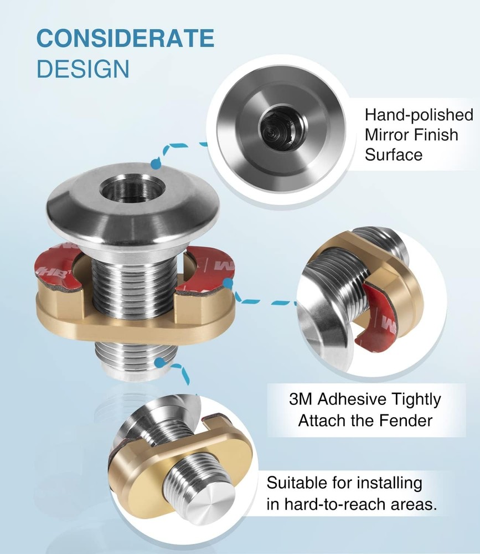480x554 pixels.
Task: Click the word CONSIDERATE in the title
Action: pos(125,38)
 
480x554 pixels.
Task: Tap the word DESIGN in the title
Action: pos(83,69)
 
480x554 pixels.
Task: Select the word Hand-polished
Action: pos(419,115)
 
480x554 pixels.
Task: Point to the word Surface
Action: pos(394,155)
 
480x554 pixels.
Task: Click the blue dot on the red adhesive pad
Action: pos(229,283)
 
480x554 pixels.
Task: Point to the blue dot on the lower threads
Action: pos(161,362)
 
